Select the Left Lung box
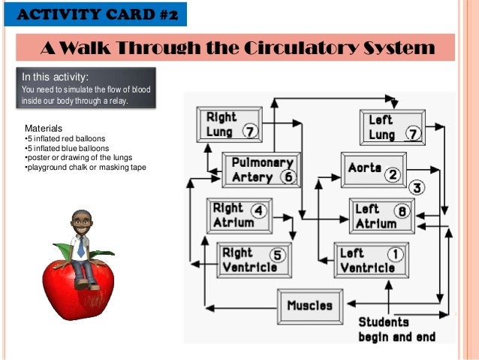point(391,127)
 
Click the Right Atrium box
point(239,215)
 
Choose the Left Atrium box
point(381,216)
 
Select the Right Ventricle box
point(254,260)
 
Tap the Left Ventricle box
point(372,260)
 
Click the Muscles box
point(309,306)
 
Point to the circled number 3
point(416,188)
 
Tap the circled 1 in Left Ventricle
point(393,253)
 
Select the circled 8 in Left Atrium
point(402,211)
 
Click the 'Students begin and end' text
point(396,329)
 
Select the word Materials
point(44,129)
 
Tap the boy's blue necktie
point(80,248)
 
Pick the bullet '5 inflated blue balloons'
point(66,148)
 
